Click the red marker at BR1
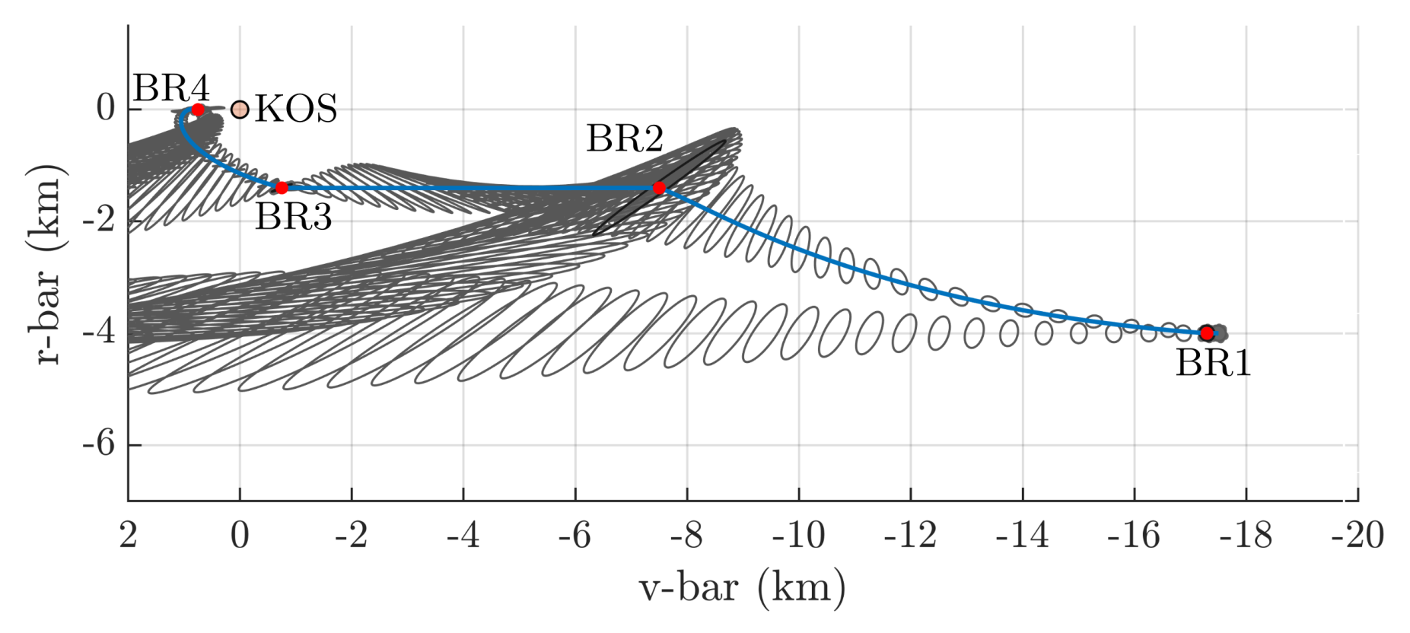click(1206, 332)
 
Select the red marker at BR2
click(659, 188)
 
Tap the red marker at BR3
click(282, 187)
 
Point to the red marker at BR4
click(198, 110)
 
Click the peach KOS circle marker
click(240, 110)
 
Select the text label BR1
click(1213, 363)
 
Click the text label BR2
click(625, 139)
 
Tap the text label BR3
click(293, 218)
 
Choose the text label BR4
click(171, 89)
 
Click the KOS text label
click(296, 110)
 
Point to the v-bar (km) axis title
click(742, 588)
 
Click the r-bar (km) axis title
click(47, 264)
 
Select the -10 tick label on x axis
click(798, 536)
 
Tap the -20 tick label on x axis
click(1357, 536)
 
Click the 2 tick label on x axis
click(128, 536)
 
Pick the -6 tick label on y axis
click(99, 444)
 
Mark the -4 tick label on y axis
click(99, 332)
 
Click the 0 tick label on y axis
click(105, 109)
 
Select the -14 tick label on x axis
click(1022, 536)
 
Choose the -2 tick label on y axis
click(99, 221)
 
